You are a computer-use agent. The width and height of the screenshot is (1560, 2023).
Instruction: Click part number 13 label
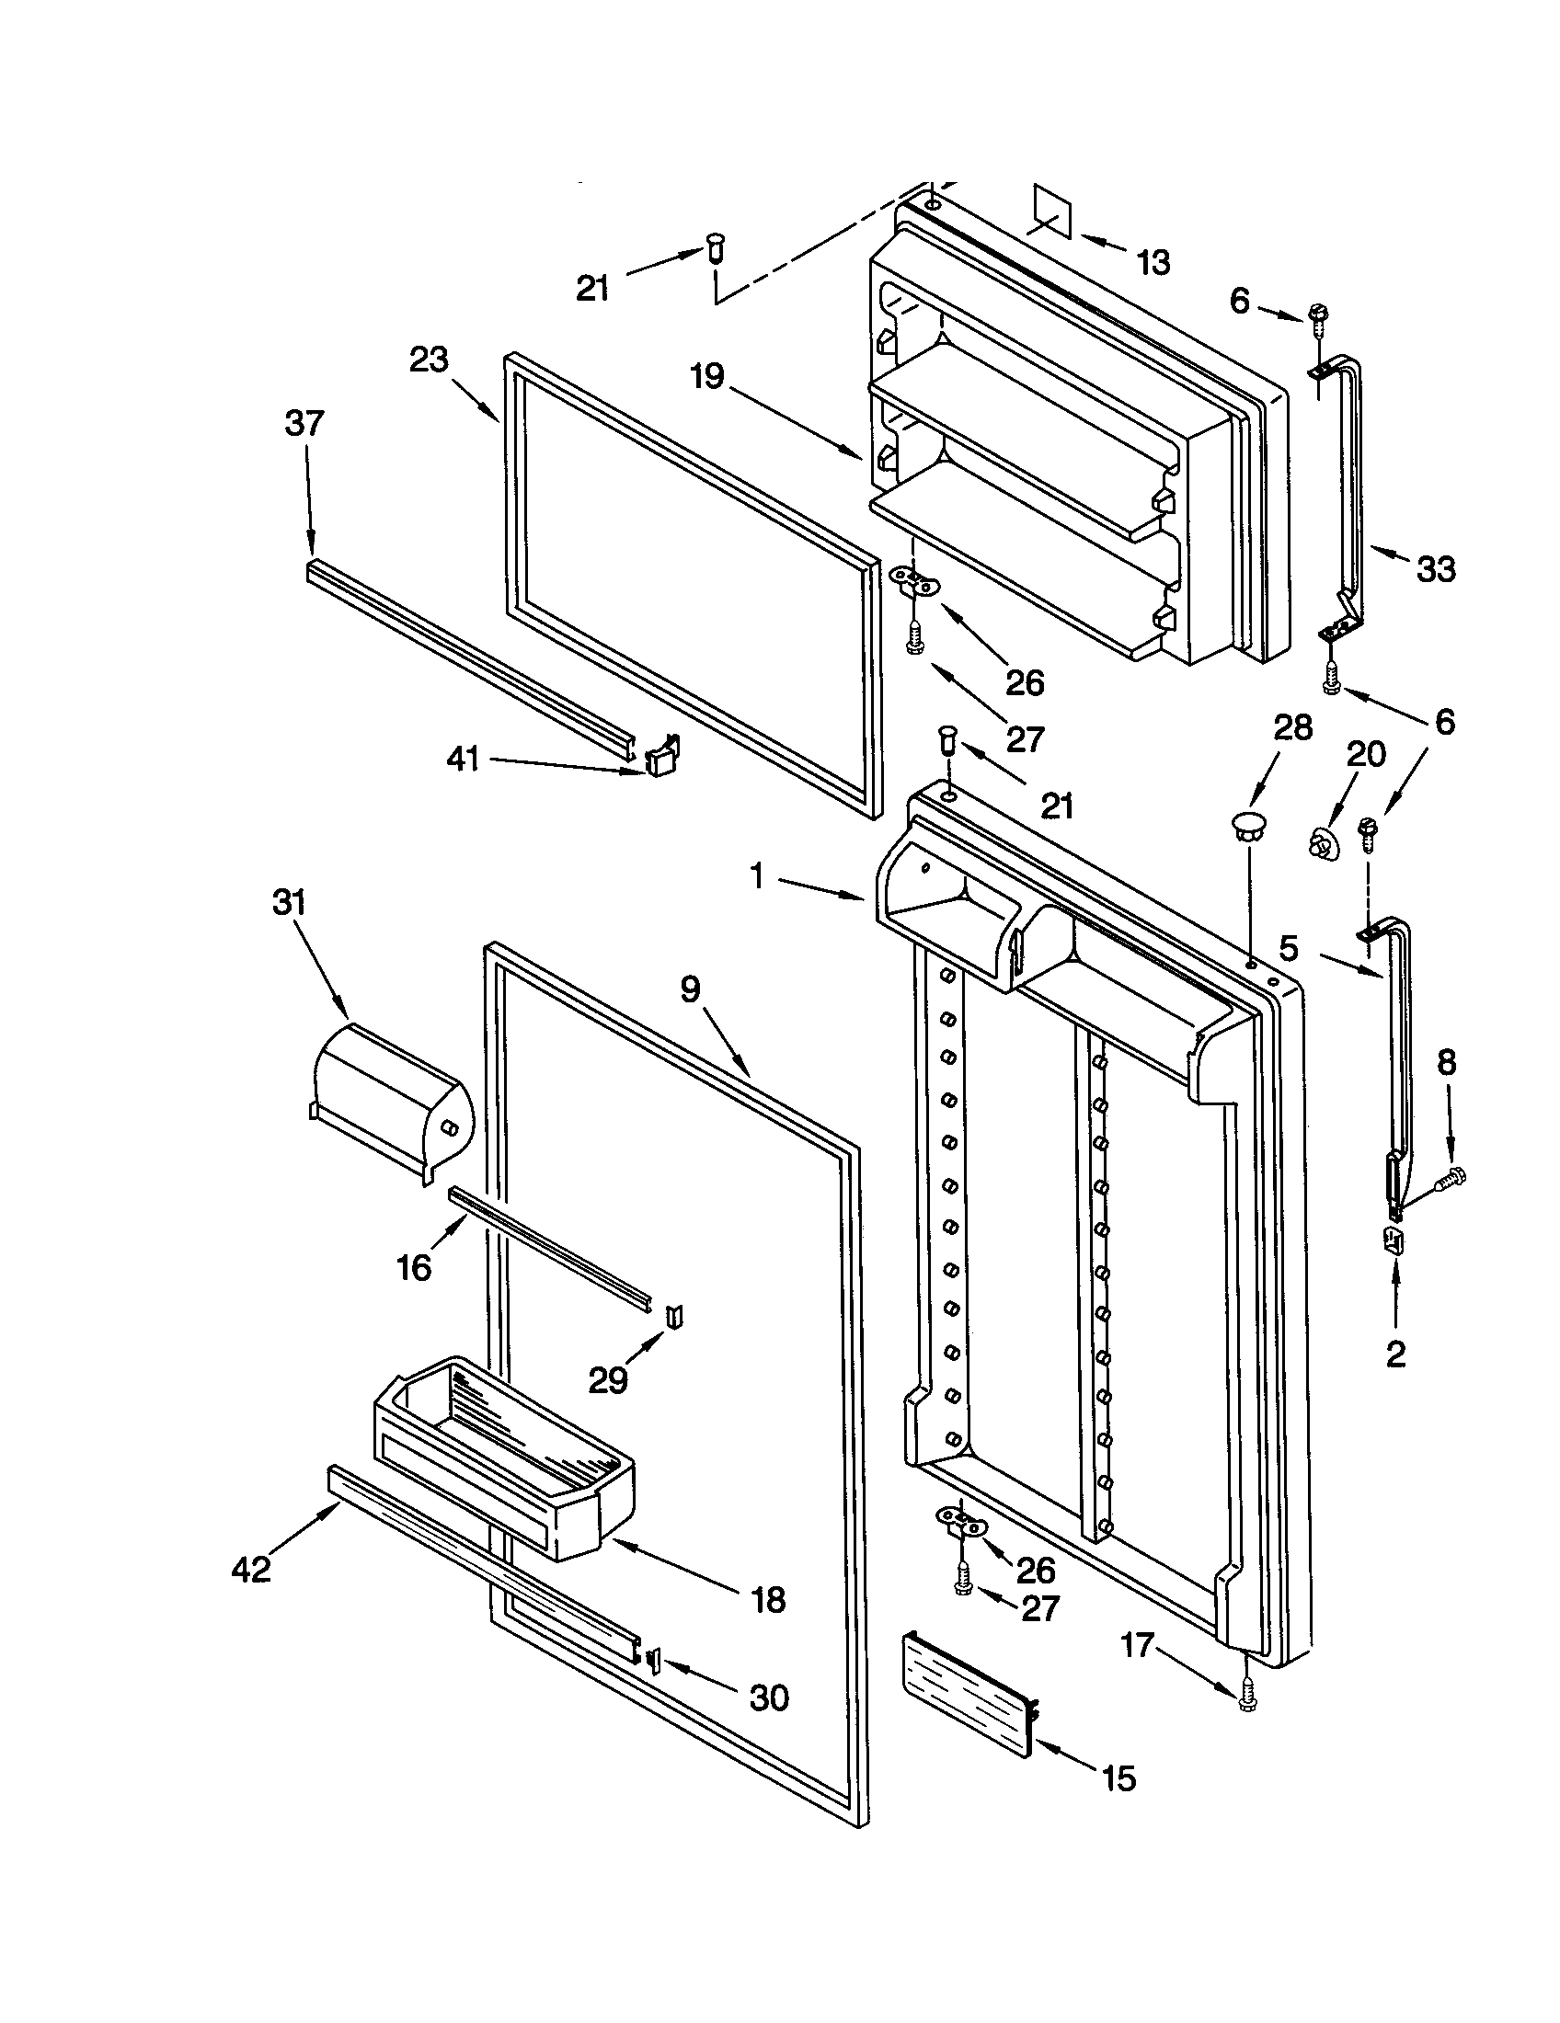(1153, 263)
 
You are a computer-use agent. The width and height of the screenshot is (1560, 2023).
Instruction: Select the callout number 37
(304, 423)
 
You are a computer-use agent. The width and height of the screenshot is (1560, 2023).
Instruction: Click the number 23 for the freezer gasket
(429, 360)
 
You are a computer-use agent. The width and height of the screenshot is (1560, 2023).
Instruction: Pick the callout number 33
(1435, 567)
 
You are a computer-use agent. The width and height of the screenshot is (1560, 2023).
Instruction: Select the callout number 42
(251, 1568)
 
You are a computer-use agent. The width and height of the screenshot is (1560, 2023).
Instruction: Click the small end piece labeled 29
(675, 1314)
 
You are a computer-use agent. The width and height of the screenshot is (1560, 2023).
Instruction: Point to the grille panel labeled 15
(966, 1693)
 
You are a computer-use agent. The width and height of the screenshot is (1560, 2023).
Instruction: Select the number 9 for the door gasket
(691, 989)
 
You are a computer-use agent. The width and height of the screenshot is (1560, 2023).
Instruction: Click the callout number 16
(414, 1267)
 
